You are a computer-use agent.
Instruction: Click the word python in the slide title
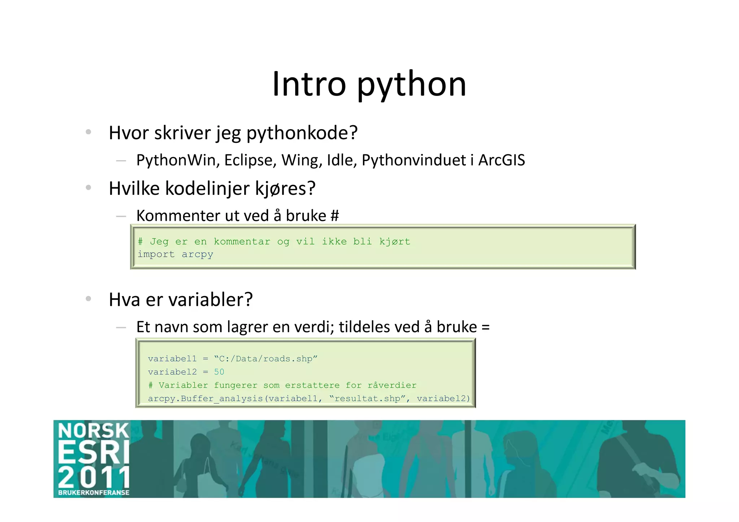tap(412, 85)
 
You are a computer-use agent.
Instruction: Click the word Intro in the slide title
tap(309, 84)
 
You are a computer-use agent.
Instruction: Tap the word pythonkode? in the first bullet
tap(302, 133)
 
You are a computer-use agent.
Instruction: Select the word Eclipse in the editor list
tap(250, 160)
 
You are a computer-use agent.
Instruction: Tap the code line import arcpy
tap(175, 254)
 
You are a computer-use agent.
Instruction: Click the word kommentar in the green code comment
tap(242, 241)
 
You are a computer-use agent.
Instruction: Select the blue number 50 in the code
tap(219, 372)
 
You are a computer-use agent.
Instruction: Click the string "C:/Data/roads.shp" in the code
tap(266, 359)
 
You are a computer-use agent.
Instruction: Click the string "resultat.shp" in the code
tap(367, 399)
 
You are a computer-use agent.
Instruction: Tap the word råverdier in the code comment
tap(392, 385)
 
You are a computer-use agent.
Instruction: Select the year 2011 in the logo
tap(94, 477)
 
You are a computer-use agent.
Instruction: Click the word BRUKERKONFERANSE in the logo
tap(94, 492)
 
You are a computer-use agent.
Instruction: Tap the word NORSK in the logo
tap(93, 431)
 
